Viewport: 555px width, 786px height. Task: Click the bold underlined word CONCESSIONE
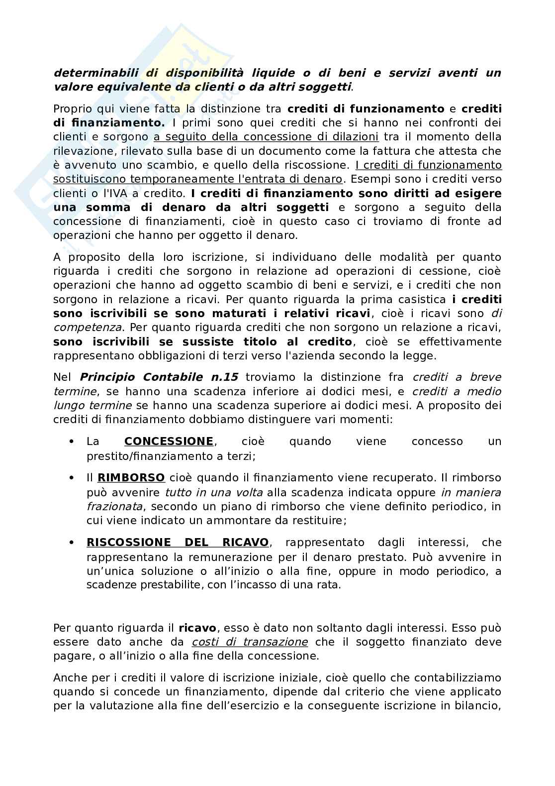(169, 441)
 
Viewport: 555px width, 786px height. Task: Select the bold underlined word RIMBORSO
(131, 477)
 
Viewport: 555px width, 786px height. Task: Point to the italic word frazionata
(114, 506)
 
